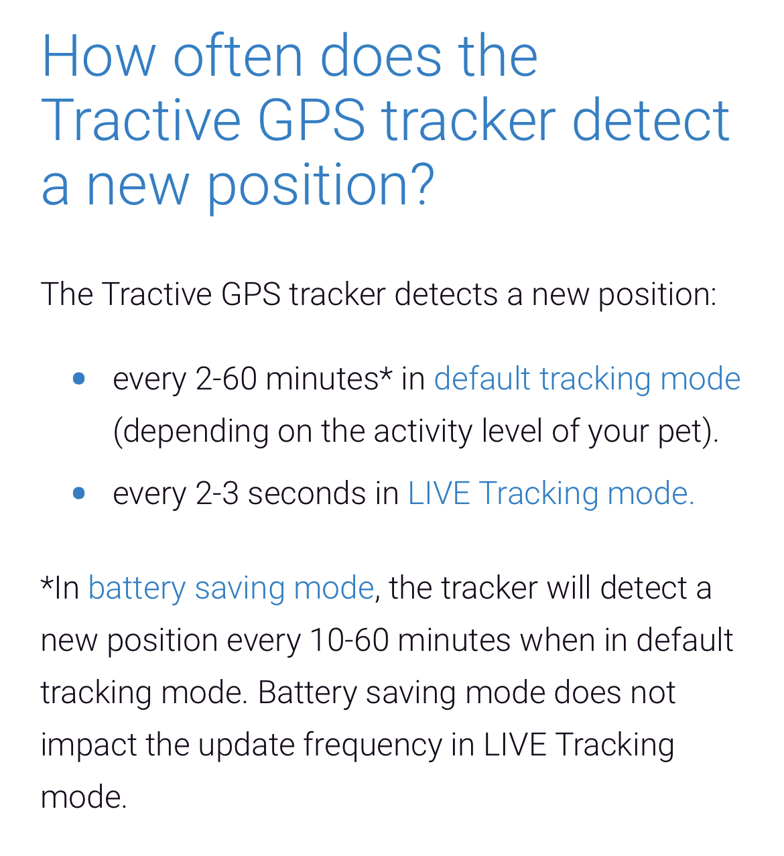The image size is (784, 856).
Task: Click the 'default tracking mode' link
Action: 587,379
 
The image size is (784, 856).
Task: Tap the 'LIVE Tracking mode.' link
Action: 551,494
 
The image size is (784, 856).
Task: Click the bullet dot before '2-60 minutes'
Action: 79,379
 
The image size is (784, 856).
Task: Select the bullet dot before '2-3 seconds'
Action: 79,493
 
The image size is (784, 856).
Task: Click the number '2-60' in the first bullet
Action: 226,379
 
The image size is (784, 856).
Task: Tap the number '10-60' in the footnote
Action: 349,641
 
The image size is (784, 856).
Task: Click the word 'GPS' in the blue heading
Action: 312,119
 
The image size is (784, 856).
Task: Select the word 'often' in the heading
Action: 238,56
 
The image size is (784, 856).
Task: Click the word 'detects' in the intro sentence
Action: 446,294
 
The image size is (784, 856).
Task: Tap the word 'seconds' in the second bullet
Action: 307,494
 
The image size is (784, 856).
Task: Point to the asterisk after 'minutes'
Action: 385,372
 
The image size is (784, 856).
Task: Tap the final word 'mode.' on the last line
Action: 84,797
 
